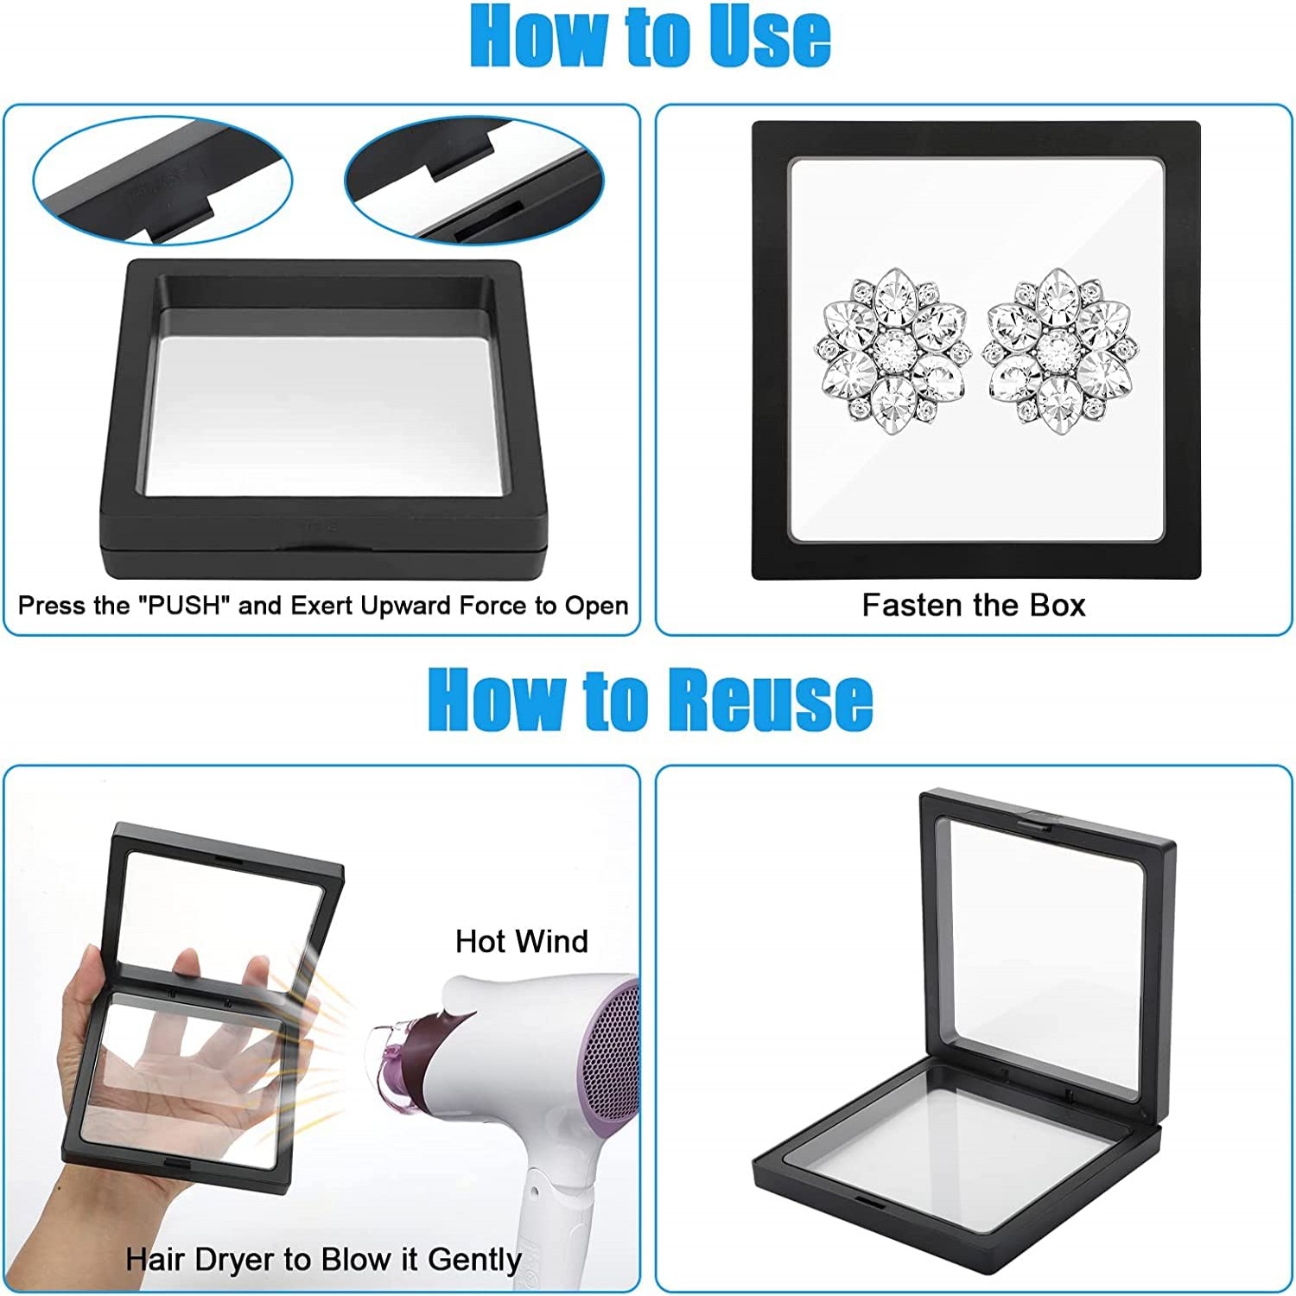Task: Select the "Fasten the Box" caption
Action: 973,606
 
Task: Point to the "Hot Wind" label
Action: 521,941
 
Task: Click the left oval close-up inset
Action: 162,181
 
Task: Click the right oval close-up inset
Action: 473,181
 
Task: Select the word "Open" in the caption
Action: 596,606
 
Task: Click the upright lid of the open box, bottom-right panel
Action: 1045,942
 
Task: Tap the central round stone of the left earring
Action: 892,347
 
